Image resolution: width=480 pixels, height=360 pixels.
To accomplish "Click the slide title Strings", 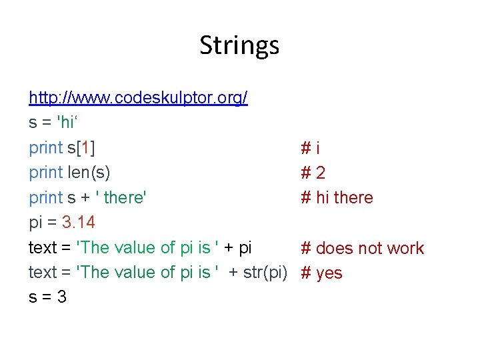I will tap(239, 46).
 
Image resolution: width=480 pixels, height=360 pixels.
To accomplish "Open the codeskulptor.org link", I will tap(138, 99).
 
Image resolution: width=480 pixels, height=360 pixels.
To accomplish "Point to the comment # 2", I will tap(313, 173).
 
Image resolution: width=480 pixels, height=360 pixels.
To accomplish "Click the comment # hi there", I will tap(337, 198).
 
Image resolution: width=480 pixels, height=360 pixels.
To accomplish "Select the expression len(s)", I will tap(89, 173).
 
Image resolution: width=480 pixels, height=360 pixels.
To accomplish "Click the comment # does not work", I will tap(362, 248).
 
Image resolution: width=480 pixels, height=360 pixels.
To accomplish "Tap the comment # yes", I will tap(321, 273).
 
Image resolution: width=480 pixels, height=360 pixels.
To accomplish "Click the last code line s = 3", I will tap(47, 297).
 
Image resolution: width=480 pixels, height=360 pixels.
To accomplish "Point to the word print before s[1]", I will tap(45, 148).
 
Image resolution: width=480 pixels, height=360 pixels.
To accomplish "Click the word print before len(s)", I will tap(45, 173).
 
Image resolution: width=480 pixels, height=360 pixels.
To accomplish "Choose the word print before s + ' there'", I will tap(45, 198).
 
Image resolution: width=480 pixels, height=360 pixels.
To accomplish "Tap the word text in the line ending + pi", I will tap(43, 248).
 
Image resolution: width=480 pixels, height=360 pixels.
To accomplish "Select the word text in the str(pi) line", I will tap(43, 273).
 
